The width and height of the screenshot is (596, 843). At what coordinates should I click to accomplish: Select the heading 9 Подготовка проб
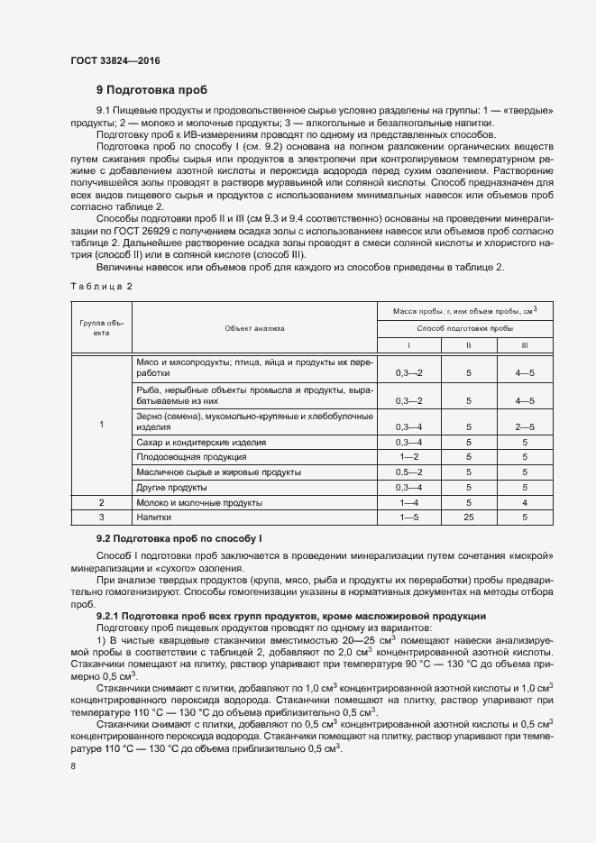151,90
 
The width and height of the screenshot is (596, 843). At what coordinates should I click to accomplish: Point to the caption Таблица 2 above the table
101,286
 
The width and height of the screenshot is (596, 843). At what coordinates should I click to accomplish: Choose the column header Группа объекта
101,327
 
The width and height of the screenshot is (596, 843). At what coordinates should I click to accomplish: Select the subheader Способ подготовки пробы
465,328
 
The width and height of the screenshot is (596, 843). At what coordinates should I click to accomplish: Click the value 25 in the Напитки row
468,518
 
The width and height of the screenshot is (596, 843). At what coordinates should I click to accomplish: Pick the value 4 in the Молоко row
524,502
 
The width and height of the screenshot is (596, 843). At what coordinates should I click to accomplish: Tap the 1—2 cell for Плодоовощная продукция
408,457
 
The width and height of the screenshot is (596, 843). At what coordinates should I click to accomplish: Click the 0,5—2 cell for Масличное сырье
408,472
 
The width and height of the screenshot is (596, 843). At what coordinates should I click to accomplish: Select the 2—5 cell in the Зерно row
524,426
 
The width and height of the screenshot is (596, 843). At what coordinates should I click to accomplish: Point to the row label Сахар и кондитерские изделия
201,443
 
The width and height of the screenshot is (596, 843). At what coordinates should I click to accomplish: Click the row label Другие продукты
170,487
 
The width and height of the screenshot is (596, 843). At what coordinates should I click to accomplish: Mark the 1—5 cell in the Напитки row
408,518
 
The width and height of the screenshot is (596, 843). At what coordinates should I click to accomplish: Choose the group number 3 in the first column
101,518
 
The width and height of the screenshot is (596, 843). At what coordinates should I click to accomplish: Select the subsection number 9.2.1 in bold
113,616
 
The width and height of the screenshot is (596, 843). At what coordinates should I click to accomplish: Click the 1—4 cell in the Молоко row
408,502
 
